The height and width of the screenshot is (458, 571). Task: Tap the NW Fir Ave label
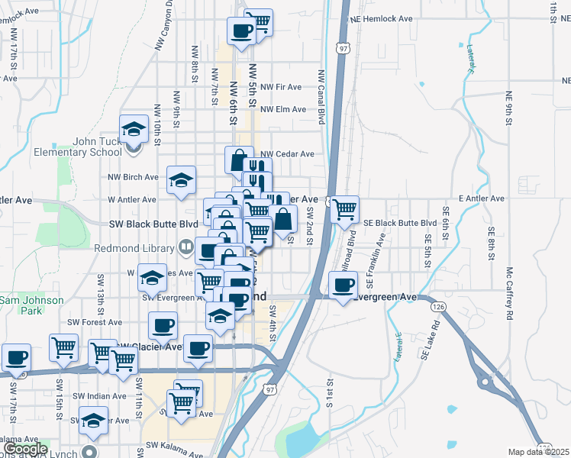click(282, 88)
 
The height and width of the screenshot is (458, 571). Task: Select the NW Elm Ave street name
click(284, 110)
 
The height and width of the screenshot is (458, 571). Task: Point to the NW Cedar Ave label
click(288, 154)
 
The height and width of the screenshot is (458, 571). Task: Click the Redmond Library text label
click(135, 247)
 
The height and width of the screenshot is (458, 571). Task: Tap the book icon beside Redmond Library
click(185, 247)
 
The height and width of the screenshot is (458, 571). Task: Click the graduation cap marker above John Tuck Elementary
click(134, 127)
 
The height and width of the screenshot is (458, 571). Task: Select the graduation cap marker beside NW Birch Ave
click(181, 179)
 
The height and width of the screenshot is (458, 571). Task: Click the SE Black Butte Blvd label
click(399, 223)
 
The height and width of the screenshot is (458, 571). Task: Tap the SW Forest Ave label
click(95, 322)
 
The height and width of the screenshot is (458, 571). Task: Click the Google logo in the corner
click(25, 449)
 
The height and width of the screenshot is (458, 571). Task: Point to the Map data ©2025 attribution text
click(538, 452)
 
